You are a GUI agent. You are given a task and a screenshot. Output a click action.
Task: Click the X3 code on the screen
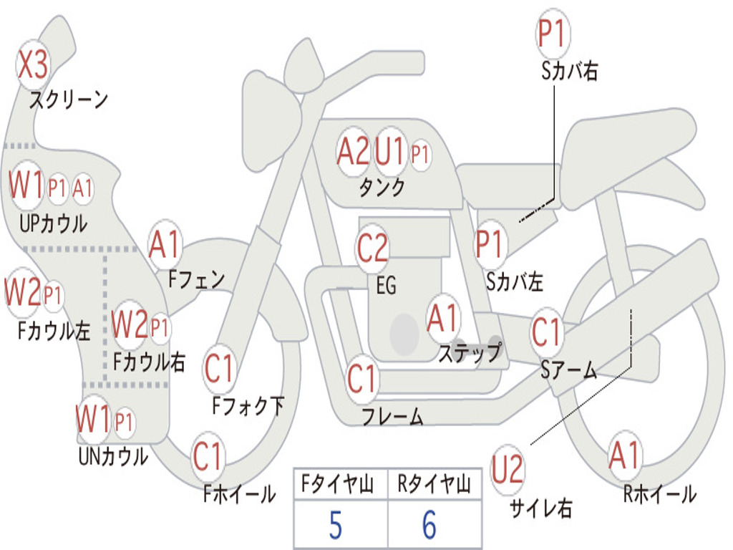(x=32, y=64)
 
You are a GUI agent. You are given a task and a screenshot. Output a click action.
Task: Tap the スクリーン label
(x=69, y=100)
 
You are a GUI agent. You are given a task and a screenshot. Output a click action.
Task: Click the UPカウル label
(x=53, y=223)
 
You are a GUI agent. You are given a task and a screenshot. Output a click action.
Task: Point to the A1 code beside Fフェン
(x=164, y=244)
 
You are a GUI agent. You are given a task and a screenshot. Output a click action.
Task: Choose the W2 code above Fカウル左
(x=22, y=291)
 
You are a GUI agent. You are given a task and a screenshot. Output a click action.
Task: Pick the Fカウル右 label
(x=149, y=362)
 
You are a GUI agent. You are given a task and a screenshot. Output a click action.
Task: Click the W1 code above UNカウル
(x=93, y=419)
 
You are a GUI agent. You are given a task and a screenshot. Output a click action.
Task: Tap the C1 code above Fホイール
(x=207, y=456)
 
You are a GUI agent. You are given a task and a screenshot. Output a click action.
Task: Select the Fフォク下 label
(x=248, y=405)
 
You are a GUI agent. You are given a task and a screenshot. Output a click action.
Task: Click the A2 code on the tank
(x=353, y=151)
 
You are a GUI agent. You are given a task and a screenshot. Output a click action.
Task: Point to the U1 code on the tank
(x=389, y=151)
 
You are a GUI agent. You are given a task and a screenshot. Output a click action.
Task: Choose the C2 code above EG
(x=372, y=247)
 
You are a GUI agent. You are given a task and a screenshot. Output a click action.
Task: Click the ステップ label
(x=470, y=352)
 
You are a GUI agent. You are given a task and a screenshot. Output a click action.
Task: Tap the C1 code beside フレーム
(x=361, y=378)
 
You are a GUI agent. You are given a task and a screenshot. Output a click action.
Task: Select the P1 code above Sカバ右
(x=553, y=33)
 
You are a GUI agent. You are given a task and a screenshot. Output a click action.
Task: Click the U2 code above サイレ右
(x=507, y=469)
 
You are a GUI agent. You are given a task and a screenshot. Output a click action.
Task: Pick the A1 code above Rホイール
(x=623, y=455)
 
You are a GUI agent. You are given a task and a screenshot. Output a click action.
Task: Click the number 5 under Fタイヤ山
(x=336, y=525)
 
